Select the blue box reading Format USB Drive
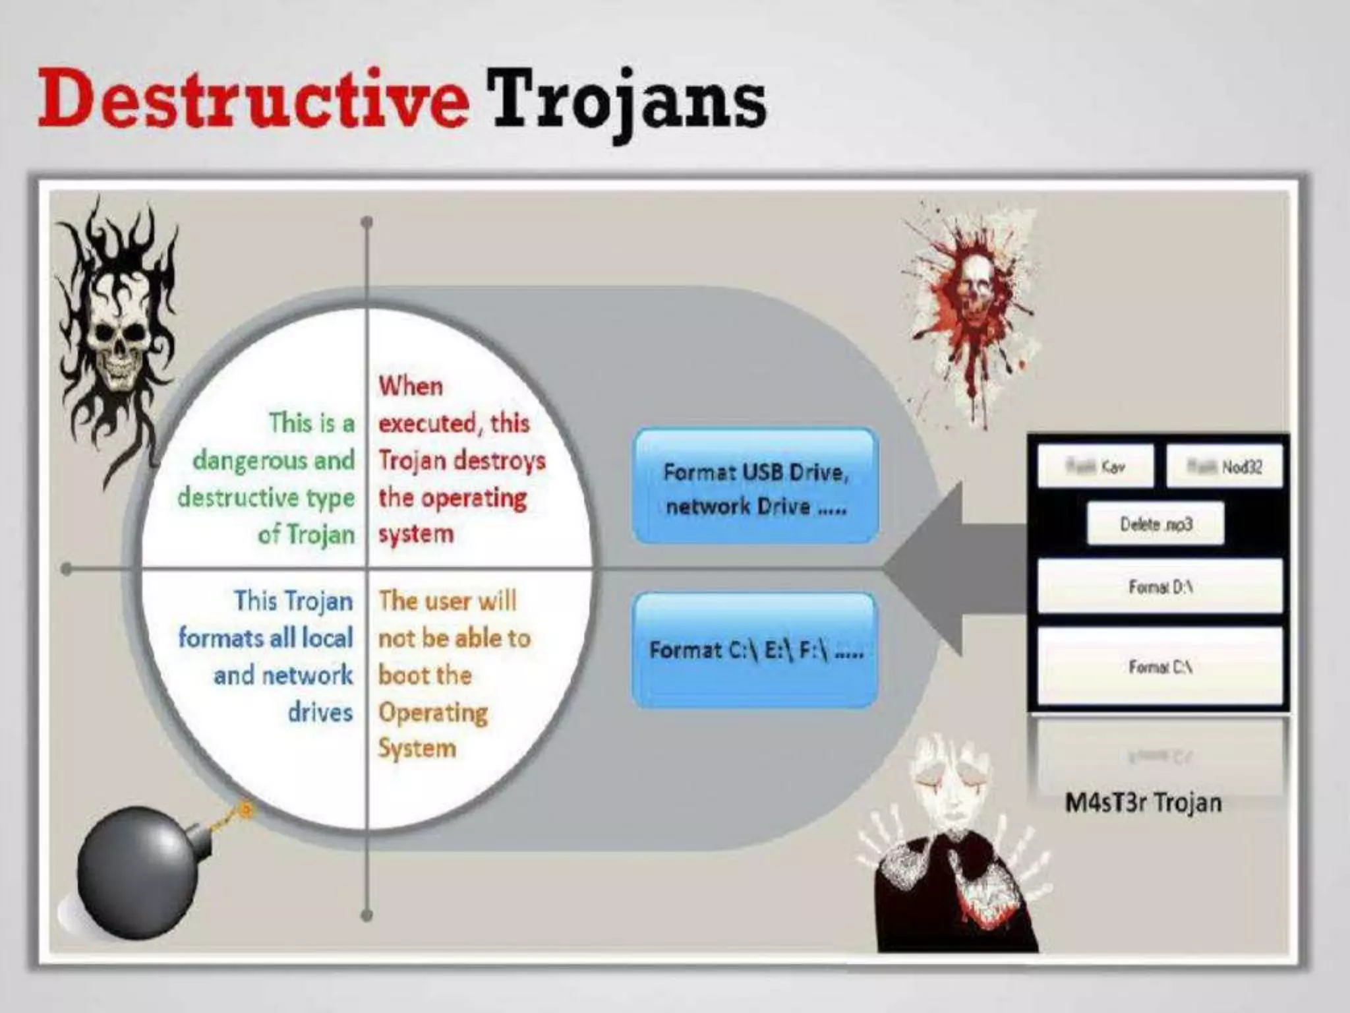tap(755, 488)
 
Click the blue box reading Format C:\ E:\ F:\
tap(755, 650)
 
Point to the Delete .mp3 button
tap(1156, 524)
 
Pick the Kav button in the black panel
tap(1096, 467)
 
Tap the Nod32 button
tap(1225, 467)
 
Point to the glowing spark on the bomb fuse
tap(245, 809)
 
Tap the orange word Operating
tap(433, 712)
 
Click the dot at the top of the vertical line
tap(367, 222)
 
